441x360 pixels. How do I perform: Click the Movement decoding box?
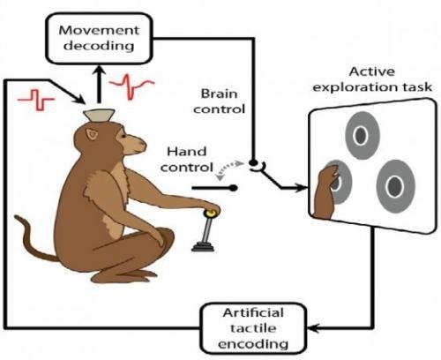coord(99,39)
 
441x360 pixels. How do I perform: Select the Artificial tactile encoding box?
coord(253,328)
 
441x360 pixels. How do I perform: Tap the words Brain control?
coord(219,101)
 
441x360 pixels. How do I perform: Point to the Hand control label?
coord(187,160)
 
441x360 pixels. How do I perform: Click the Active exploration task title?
coord(372,79)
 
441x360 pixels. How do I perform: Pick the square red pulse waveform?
coord(36,100)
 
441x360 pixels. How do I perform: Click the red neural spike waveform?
coord(131,86)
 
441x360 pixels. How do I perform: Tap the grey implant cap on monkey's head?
coord(99,115)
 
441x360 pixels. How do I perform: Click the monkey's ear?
coord(93,134)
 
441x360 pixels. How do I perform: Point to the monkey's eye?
coord(123,136)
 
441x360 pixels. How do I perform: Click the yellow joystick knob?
coord(211,213)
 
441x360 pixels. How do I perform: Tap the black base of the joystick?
coord(203,246)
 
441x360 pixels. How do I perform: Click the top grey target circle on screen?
coord(363,135)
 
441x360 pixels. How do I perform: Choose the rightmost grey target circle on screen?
coord(396,186)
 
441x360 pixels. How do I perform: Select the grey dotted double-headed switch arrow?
coord(228,169)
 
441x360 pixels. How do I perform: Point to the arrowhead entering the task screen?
coord(303,187)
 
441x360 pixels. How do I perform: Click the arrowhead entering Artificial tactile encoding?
coord(312,327)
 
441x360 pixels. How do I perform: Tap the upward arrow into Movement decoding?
coord(99,84)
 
